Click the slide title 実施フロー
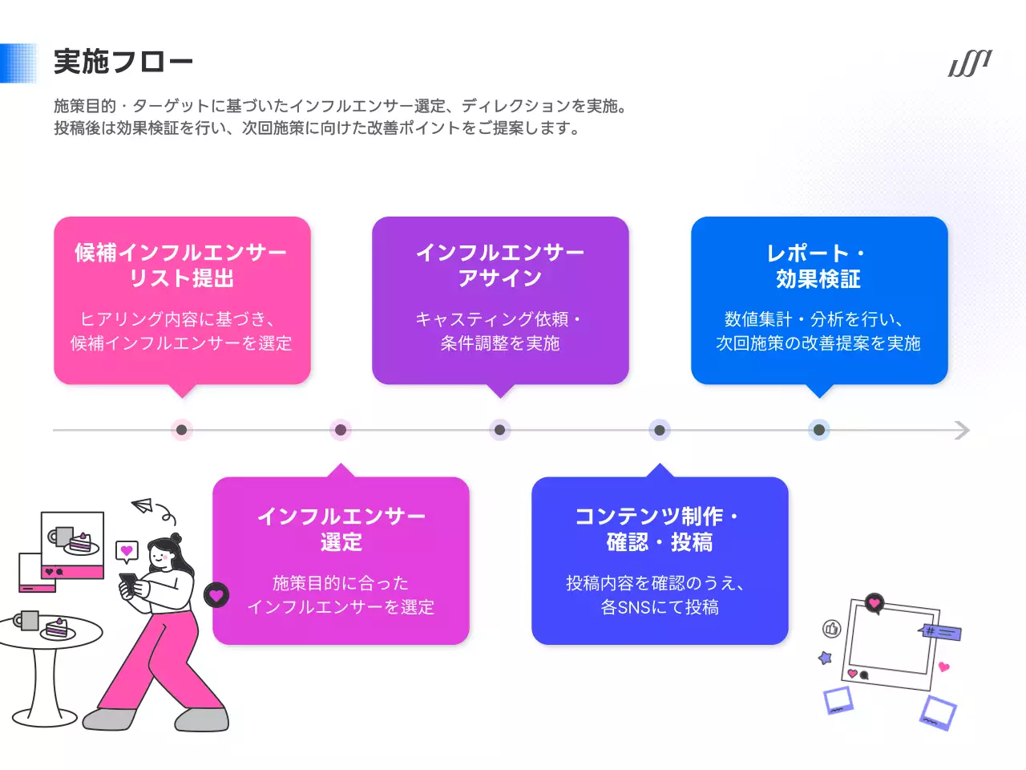click(123, 62)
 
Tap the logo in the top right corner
click(970, 63)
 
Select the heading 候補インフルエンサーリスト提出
click(181, 265)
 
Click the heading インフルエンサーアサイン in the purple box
click(500, 265)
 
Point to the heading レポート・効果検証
click(818, 265)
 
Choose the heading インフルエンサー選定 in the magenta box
click(341, 529)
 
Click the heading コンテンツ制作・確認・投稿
click(659, 529)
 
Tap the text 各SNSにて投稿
click(660, 607)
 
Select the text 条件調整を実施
click(500, 343)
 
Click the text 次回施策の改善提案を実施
click(818, 343)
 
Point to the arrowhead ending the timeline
click(963, 430)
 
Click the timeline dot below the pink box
click(182, 430)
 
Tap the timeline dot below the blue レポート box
click(818, 430)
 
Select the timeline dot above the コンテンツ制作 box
click(660, 430)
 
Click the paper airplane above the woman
click(143, 506)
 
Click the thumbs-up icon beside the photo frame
click(831, 629)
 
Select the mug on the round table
click(28, 620)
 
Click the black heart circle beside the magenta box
click(216, 595)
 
